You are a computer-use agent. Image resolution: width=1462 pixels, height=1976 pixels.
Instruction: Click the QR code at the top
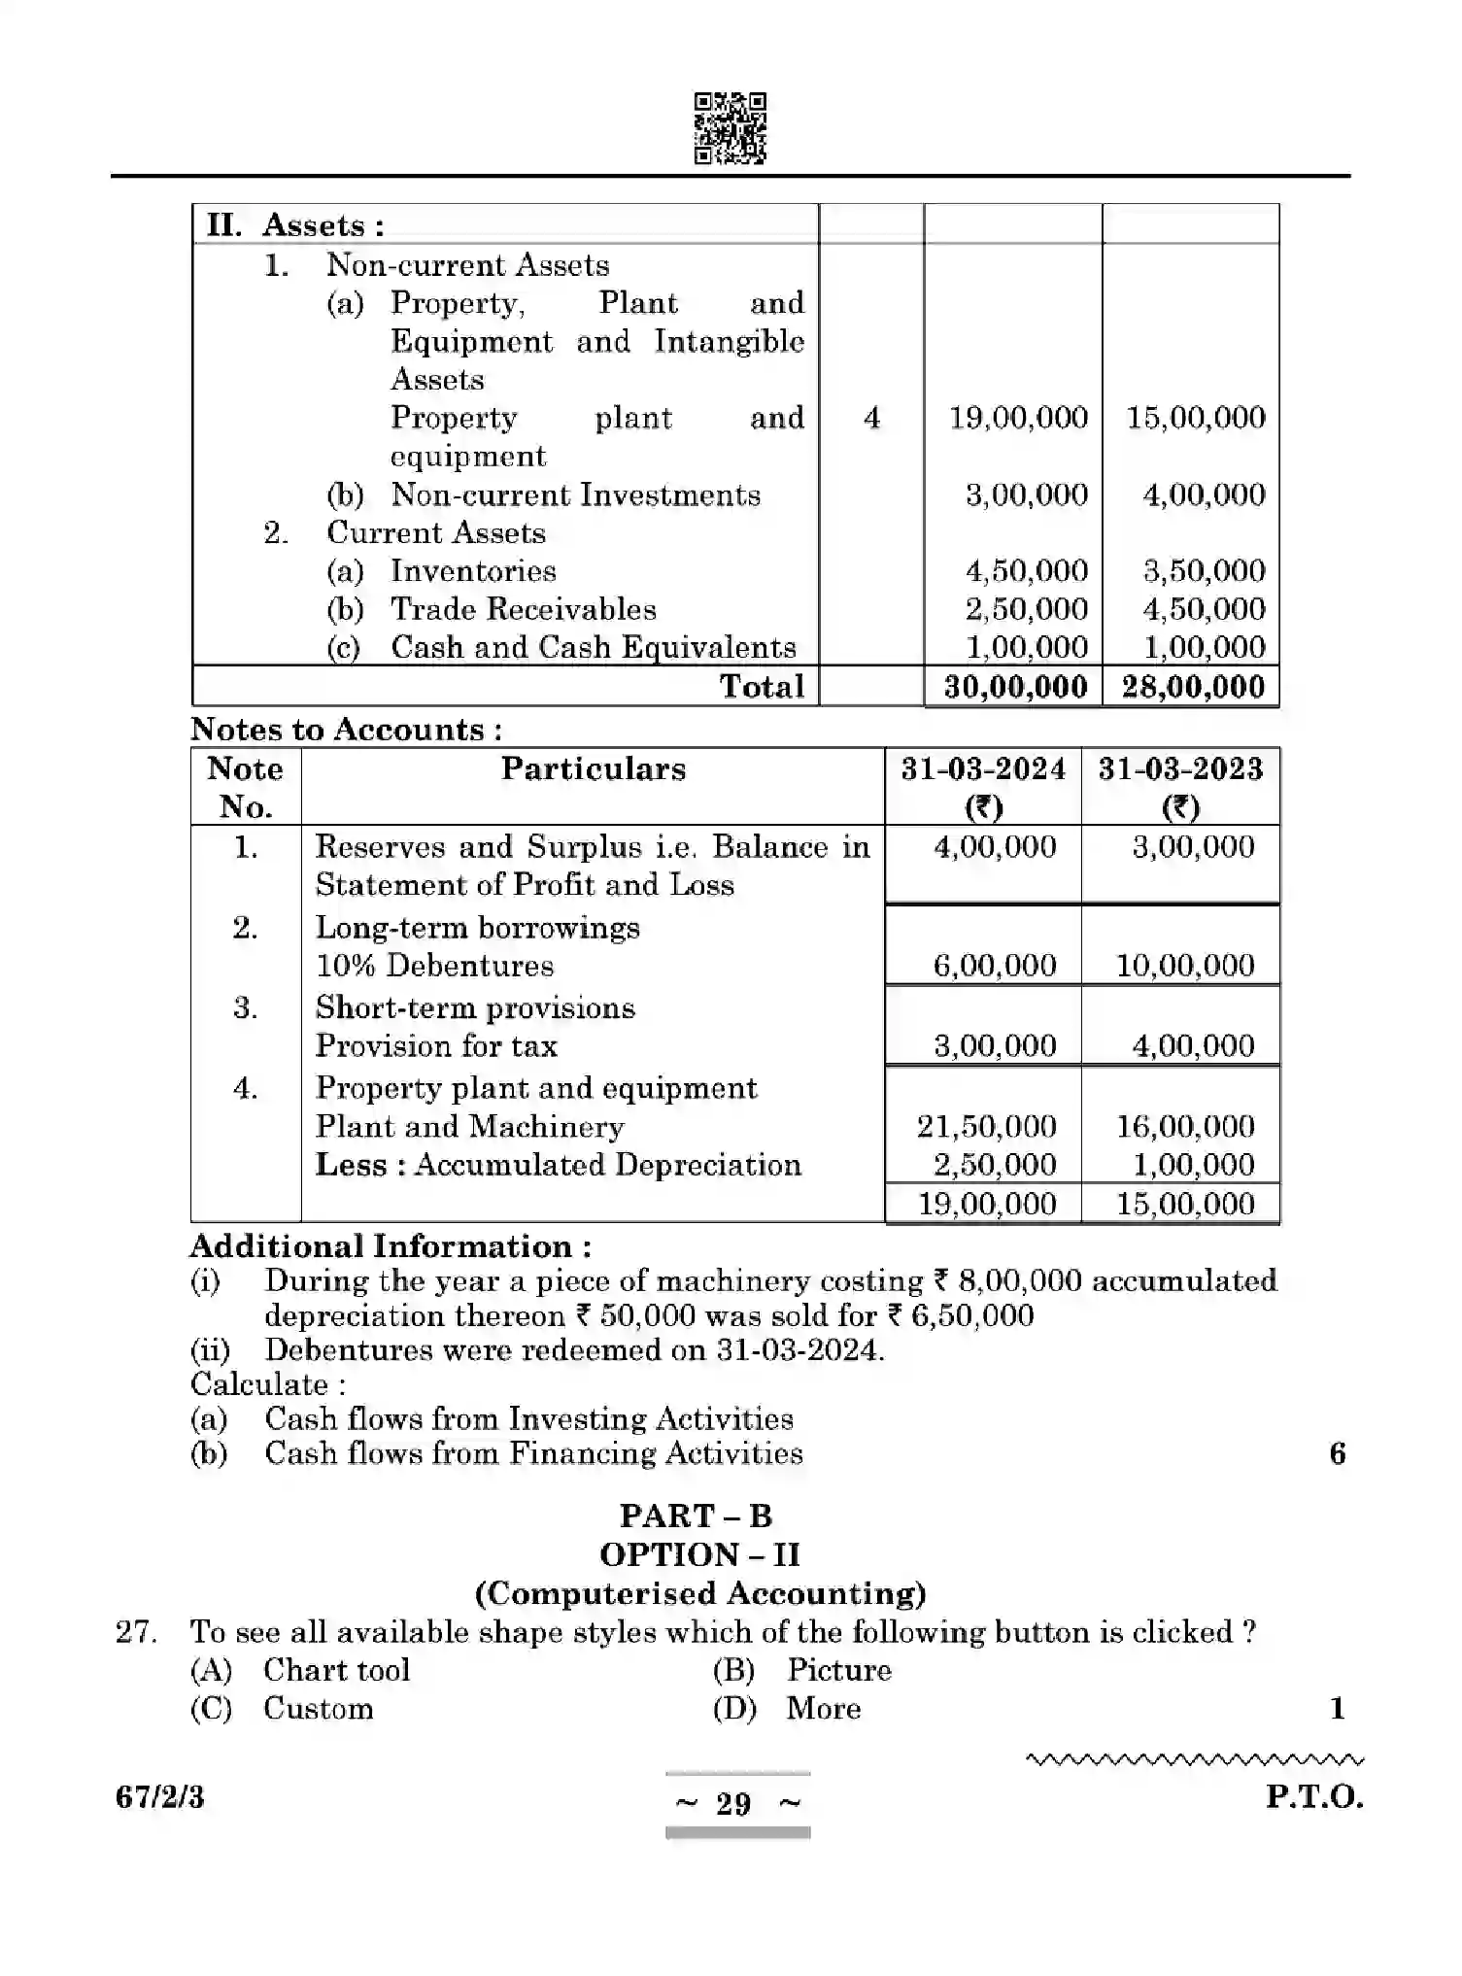point(730,128)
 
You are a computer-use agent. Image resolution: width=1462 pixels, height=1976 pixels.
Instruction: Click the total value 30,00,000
point(1015,687)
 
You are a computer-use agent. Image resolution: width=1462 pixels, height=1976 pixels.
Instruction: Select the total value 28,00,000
point(1193,687)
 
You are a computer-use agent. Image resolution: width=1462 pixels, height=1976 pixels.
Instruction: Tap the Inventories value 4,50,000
point(1026,571)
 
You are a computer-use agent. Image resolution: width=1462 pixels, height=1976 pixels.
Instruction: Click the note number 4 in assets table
point(871,418)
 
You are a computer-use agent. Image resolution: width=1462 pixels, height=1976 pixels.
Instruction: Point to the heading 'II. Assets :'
point(295,225)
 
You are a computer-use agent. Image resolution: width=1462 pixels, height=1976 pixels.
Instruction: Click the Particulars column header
point(593,769)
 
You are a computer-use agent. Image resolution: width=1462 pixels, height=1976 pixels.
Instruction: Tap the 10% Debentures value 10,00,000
point(1184,966)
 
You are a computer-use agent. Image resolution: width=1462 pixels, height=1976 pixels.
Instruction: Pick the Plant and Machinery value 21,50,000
point(986,1127)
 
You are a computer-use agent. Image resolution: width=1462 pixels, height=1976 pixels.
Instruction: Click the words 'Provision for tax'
point(436,1046)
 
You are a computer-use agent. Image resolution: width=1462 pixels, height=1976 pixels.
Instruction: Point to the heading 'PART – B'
point(696,1516)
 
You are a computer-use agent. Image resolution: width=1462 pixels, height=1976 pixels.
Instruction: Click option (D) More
point(822,1709)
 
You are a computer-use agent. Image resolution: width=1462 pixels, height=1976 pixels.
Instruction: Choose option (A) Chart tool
point(335,1670)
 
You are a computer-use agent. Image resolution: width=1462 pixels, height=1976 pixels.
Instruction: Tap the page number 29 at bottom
point(733,1804)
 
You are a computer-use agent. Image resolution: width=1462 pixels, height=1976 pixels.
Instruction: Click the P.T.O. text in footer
point(1313,1797)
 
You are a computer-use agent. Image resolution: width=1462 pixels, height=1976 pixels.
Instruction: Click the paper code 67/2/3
point(160,1798)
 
